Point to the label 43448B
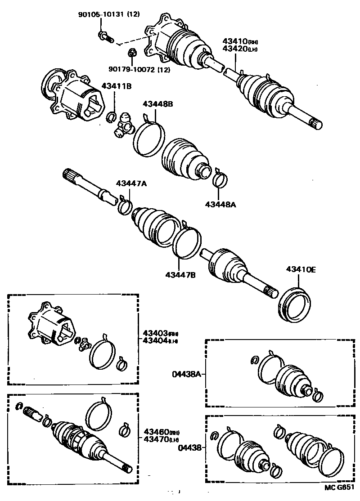pos(157,104)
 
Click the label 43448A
pos(220,204)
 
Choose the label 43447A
pos(131,183)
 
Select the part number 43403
pos(155,333)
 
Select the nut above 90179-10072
pos(132,53)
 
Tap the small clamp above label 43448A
pos(220,179)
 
